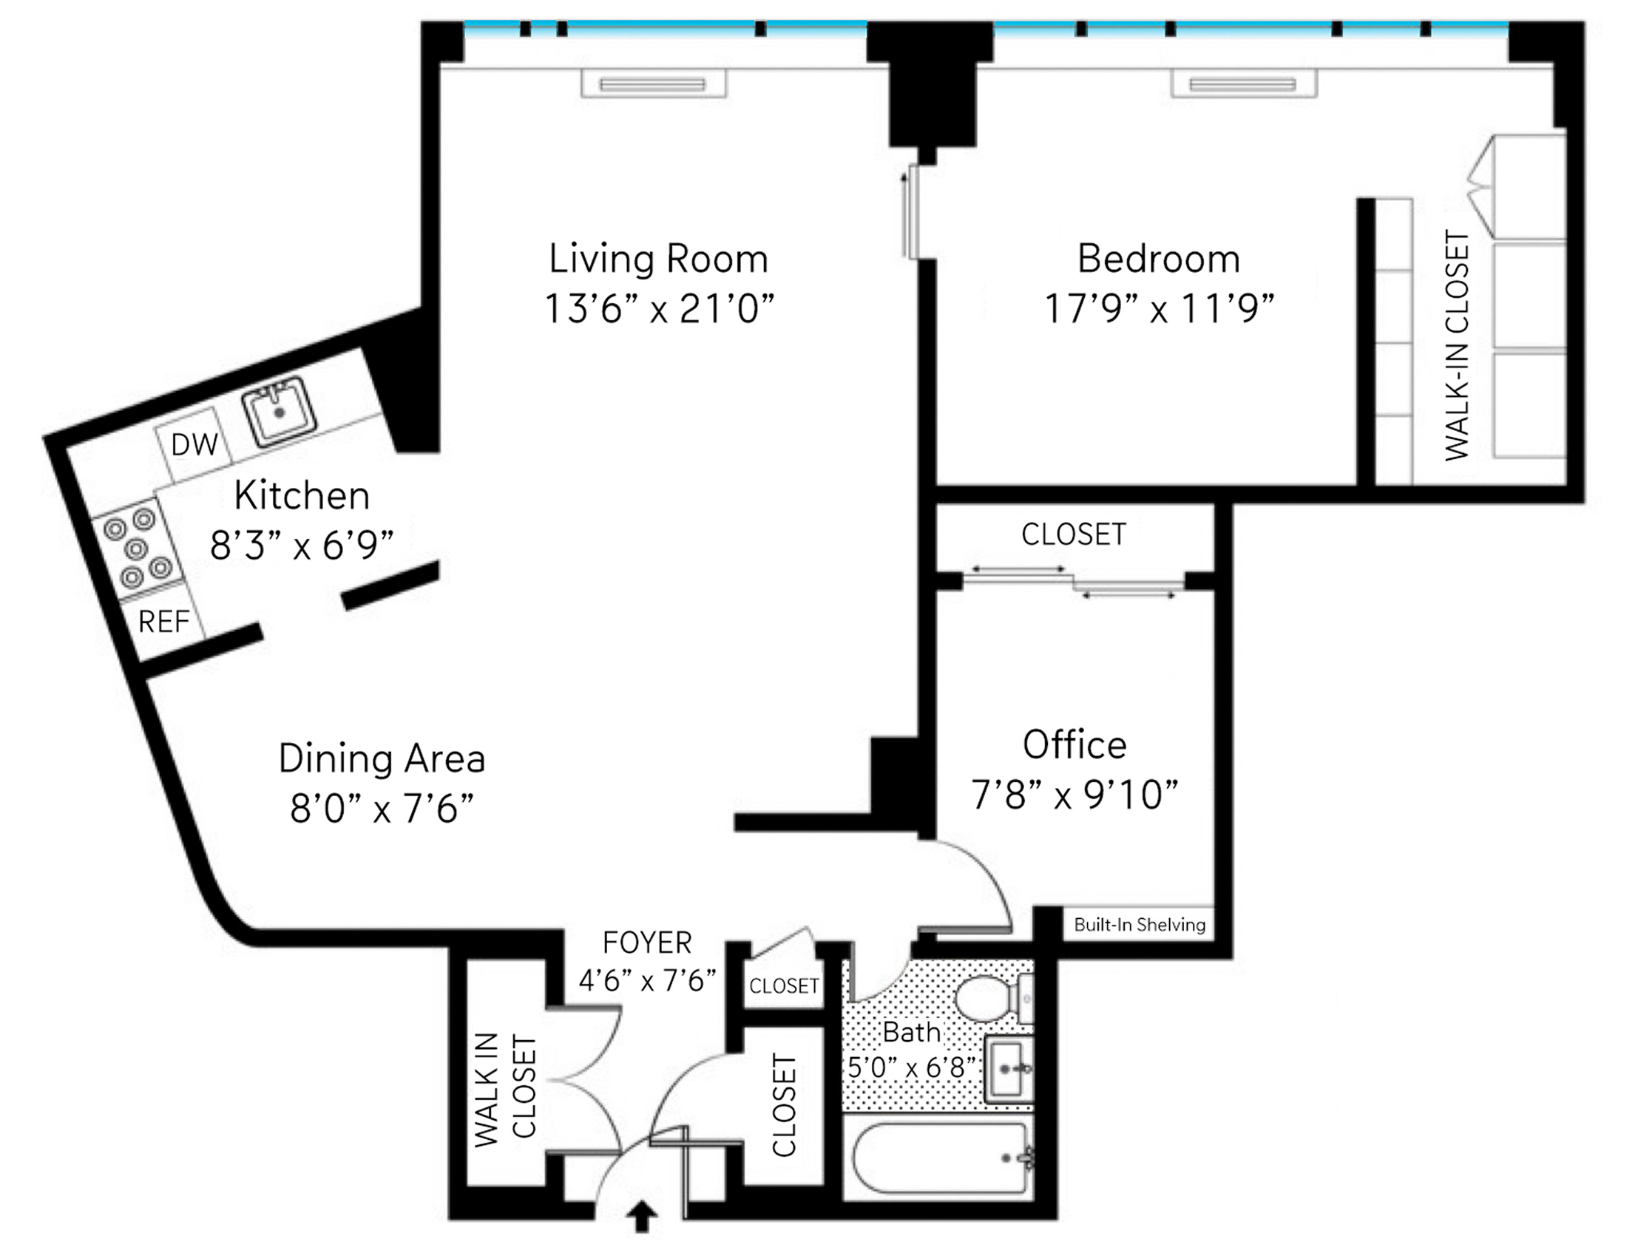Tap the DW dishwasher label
(194, 444)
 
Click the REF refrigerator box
(164, 621)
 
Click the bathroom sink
(1009, 1068)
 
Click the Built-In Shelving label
(1140, 925)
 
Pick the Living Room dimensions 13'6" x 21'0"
(660, 308)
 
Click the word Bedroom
(1159, 259)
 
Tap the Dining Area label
(382, 758)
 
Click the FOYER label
(647, 942)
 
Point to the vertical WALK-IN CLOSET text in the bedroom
(1456, 345)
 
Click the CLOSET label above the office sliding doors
(1074, 534)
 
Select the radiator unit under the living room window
(653, 84)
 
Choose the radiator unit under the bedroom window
(1243, 84)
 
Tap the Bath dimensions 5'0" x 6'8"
(913, 1068)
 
